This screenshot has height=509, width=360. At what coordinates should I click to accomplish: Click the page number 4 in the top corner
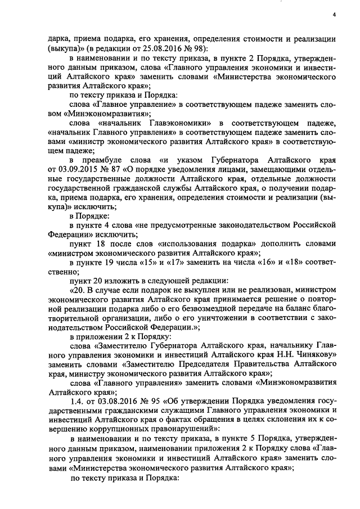[334, 15]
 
